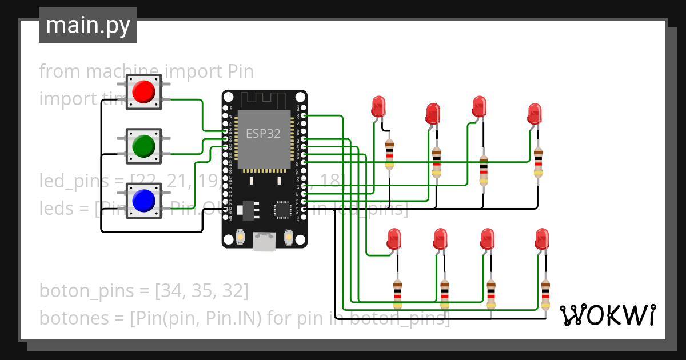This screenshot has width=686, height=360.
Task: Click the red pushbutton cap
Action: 143,91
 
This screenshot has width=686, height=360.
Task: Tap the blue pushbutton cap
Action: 143,200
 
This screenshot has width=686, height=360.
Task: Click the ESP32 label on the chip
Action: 263,134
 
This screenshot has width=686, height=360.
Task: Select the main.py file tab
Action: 88,25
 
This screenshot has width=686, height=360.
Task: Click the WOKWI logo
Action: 607,315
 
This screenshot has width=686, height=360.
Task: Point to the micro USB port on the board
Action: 264,242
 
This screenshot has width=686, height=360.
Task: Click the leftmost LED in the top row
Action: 378,106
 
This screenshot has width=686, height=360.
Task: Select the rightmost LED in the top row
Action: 535,113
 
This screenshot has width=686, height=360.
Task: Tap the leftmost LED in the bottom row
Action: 394,238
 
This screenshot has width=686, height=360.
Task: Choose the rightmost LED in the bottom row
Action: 541,238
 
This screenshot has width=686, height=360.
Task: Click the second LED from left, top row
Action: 433,114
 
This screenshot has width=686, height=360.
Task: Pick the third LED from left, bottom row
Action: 487,238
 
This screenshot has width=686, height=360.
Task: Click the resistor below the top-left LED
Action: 389,154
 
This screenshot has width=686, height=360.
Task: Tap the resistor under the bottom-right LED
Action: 545,294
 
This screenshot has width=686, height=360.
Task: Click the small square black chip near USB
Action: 283,209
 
